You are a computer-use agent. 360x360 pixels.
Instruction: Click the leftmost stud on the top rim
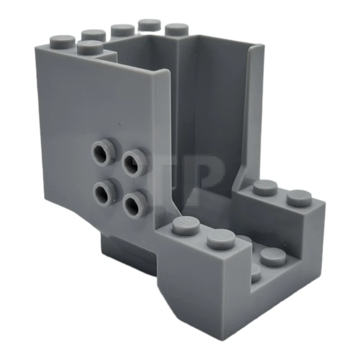point(62,41)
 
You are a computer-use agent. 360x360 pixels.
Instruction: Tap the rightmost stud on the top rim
point(176,29)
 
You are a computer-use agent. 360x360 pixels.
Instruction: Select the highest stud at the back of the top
point(150,25)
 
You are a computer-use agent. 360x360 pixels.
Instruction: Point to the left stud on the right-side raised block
point(265,187)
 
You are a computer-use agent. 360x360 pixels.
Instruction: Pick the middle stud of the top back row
point(122,30)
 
